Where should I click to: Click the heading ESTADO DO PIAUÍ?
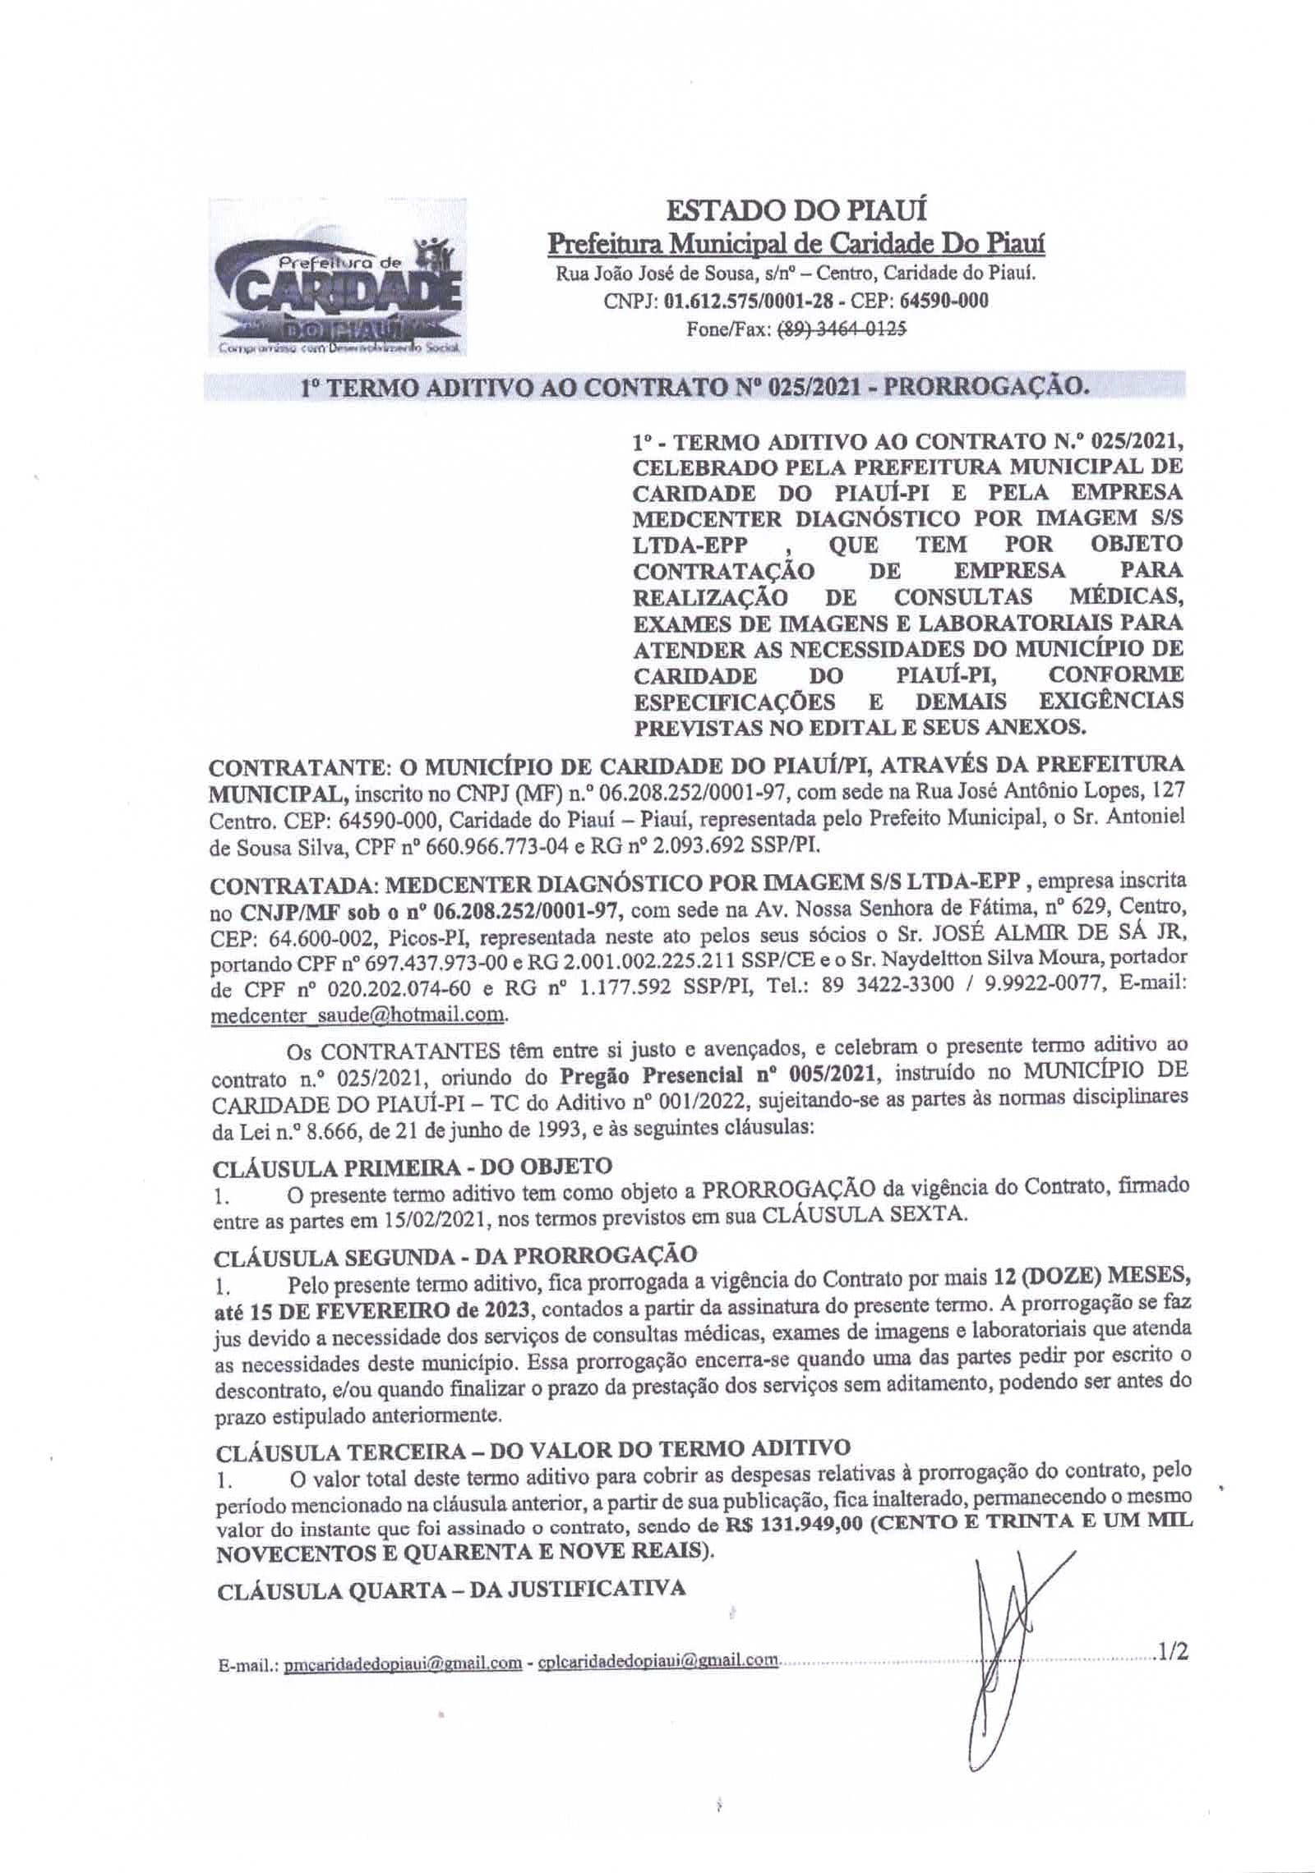tap(796, 211)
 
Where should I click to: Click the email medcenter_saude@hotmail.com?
tap(358, 1015)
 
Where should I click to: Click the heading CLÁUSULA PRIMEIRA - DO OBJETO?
tap(412, 1166)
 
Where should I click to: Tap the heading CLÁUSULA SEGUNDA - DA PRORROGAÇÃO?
tap(454, 1254)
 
